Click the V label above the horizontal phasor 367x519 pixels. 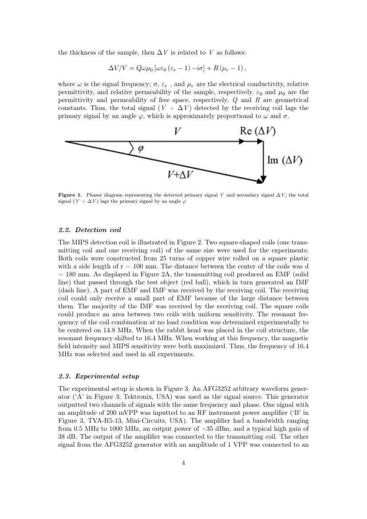pos(177,131)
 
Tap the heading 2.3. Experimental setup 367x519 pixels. pos(99,376)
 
